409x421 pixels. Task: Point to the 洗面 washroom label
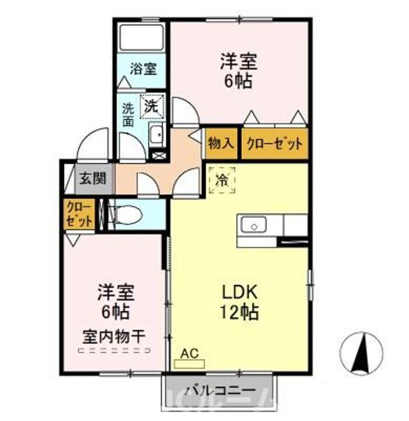(128, 115)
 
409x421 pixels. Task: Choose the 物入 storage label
(221, 143)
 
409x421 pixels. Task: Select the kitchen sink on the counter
(252, 225)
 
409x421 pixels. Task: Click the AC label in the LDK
(188, 353)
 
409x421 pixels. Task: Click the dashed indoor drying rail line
(115, 351)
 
